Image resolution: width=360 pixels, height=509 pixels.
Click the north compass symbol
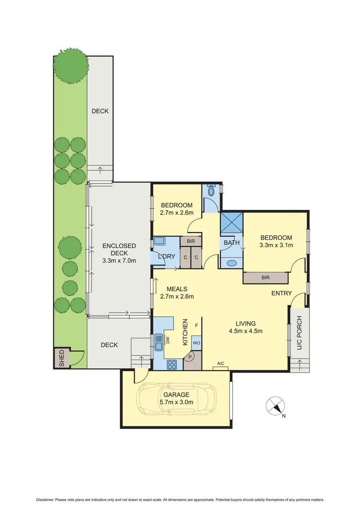point(276,406)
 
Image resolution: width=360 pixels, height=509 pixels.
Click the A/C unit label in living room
point(221,364)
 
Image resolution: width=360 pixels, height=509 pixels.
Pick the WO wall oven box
point(196,343)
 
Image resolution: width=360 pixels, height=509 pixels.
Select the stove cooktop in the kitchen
point(171,364)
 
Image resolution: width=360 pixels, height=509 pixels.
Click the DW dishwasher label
point(168,340)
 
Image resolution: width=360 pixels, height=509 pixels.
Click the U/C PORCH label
point(299,333)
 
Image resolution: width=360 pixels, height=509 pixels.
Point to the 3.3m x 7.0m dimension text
point(119,261)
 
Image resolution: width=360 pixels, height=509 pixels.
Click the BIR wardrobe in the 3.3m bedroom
point(266,277)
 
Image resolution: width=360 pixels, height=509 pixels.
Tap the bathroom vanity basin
point(231,263)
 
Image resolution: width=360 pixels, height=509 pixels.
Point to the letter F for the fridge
point(196,326)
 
